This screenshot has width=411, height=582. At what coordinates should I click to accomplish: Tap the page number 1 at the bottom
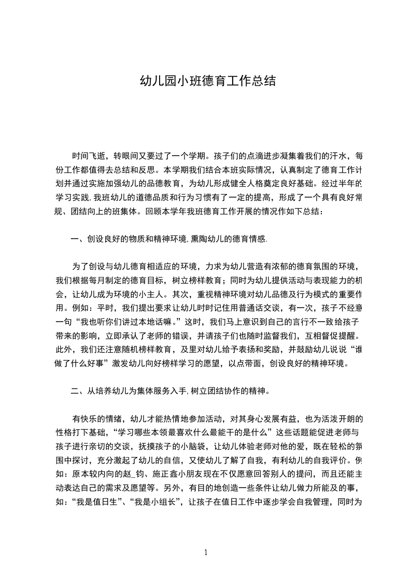point(206,552)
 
